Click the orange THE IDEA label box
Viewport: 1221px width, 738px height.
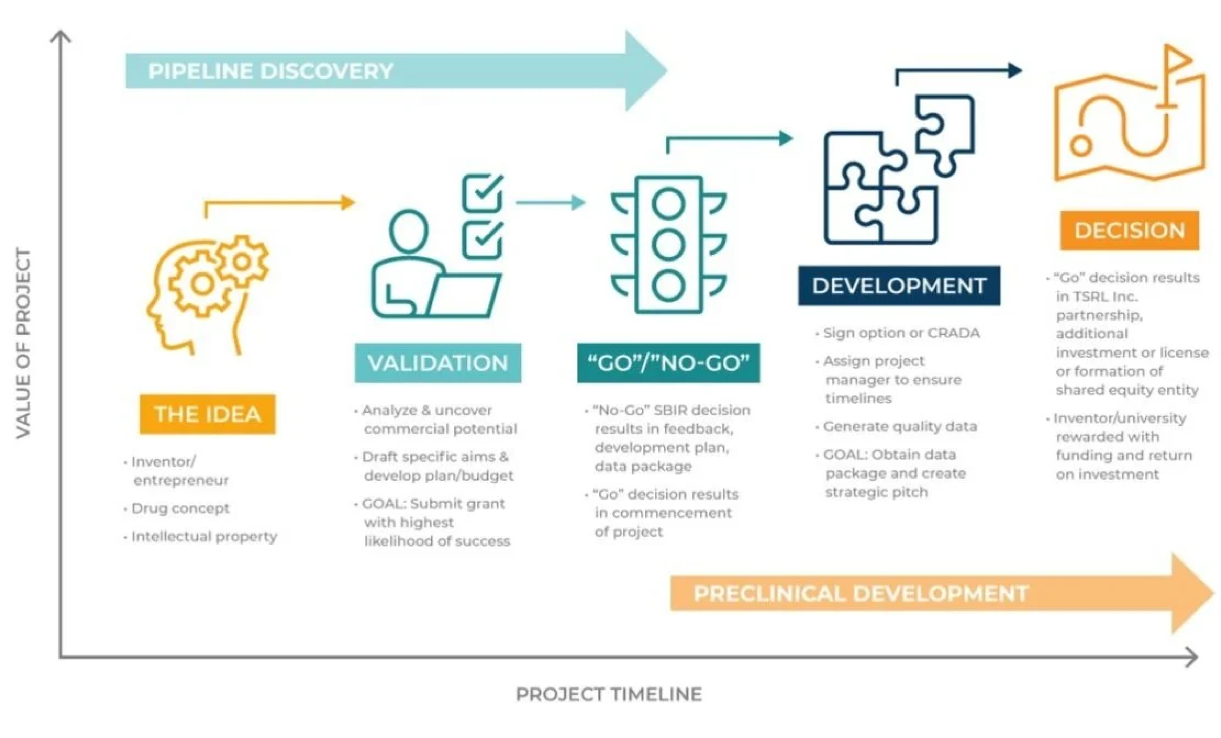pos(207,414)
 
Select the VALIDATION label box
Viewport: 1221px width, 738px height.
pos(438,363)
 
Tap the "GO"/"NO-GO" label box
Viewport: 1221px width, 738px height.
pos(668,363)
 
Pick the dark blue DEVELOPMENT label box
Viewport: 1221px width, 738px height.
pos(899,286)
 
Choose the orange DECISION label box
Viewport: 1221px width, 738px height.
pos(1129,230)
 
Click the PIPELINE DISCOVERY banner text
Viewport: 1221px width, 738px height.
pos(271,71)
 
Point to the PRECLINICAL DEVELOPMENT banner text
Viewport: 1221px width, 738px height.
pos(861,594)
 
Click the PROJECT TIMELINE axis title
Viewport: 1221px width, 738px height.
pos(609,694)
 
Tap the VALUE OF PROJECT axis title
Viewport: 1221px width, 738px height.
pos(23,343)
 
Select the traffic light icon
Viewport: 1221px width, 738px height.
pos(669,245)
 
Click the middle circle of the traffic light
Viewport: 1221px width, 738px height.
pos(669,245)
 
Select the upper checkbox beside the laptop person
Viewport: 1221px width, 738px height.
pos(482,193)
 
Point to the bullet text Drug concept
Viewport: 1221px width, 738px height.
pos(180,508)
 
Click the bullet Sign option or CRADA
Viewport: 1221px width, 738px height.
pos(901,333)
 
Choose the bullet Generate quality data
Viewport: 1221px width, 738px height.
pos(900,427)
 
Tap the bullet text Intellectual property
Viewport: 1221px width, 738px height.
pos(204,536)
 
